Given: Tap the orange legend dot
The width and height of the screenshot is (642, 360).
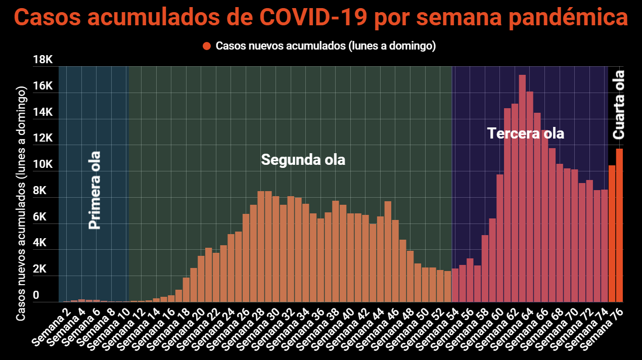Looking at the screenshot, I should point(206,46).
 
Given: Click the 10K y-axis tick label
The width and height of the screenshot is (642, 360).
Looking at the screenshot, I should point(42,165).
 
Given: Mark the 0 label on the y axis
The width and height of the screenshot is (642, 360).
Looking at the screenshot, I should point(36,295).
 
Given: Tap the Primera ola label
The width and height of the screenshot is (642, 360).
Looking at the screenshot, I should point(95,190).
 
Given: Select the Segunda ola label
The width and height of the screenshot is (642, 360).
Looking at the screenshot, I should point(303,160).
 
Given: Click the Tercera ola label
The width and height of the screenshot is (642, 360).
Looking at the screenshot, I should point(525,133).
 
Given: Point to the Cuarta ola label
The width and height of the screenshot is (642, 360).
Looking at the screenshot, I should point(618,105).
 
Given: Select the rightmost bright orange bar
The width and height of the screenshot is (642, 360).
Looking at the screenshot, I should point(619,225).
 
